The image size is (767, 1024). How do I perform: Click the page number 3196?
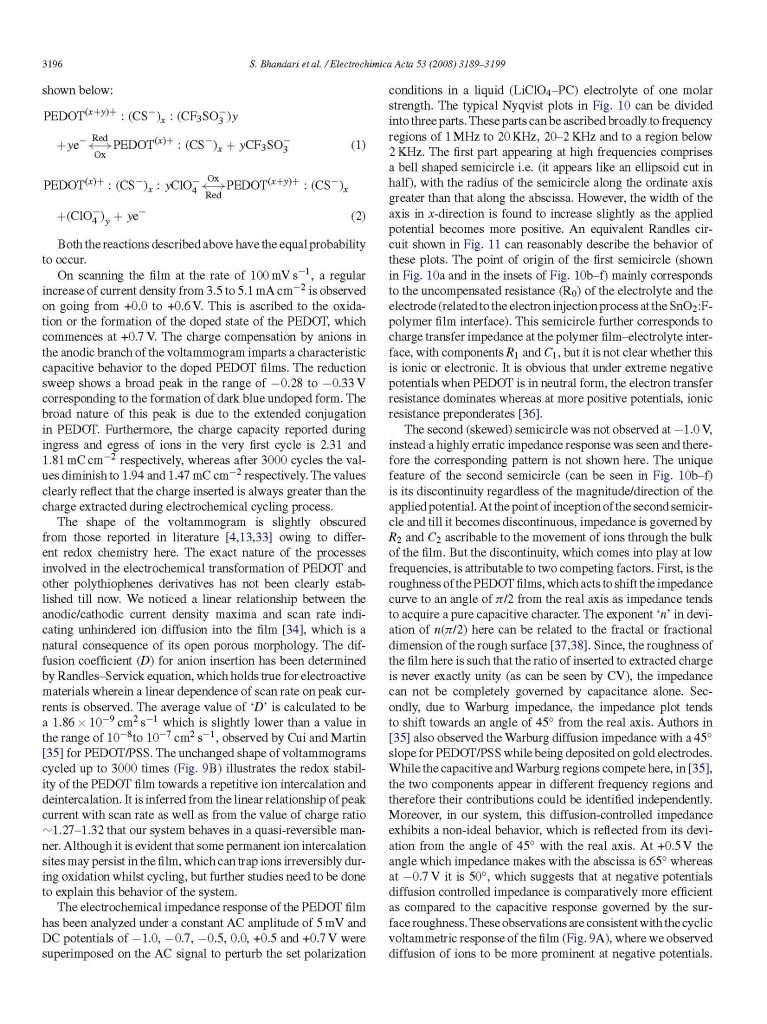click(49, 65)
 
